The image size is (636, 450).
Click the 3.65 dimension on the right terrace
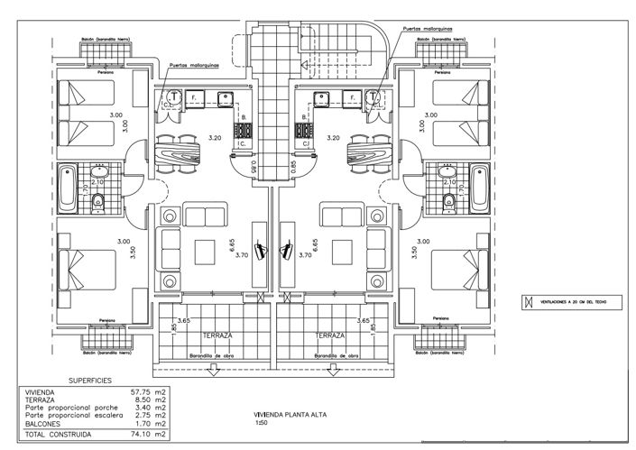tap(364, 320)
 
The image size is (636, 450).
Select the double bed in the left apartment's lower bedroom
tap(90, 270)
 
